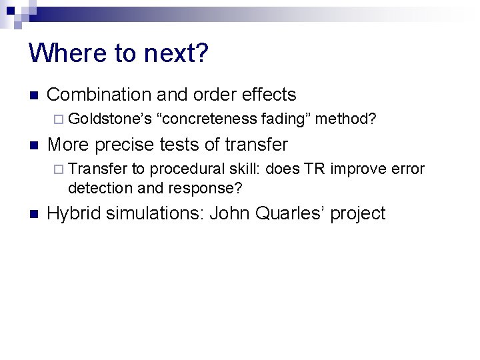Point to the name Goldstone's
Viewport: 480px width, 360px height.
pyautogui.click(x=109, y=119)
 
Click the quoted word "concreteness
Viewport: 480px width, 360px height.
pyautogui.click(x=206, y=119)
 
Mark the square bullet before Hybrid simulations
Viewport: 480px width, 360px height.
pyautogui.click(x=34, y=214)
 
